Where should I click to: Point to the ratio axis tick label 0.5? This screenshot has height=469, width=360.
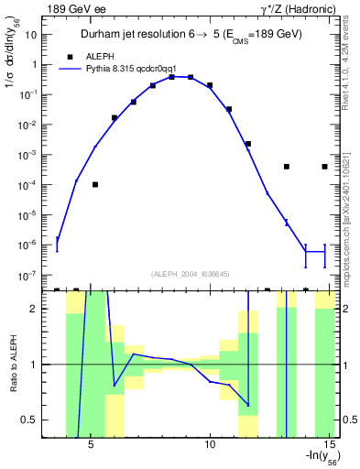tap(31, 420)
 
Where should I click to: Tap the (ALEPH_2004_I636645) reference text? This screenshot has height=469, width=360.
tap(191, 274)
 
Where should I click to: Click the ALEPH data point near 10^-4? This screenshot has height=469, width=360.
tap(95, 184)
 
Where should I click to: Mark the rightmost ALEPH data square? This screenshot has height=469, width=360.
tap(325, 167)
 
